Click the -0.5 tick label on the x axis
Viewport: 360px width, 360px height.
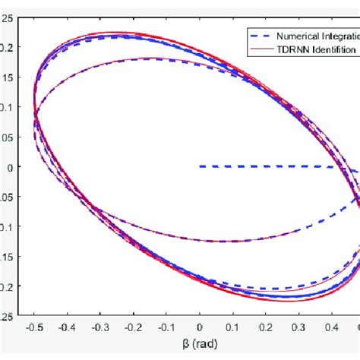(x=33, y=327)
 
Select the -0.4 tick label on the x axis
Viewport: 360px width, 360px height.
(x=66, y=327)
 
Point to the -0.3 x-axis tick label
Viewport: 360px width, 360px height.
(x=99, y=327)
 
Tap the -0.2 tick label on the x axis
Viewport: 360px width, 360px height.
(x=133, y=327)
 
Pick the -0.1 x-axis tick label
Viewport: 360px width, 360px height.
(x=166, y=327)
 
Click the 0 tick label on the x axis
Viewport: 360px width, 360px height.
(x=200, y=327)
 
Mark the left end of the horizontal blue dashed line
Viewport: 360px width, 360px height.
(x=201, y=166)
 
